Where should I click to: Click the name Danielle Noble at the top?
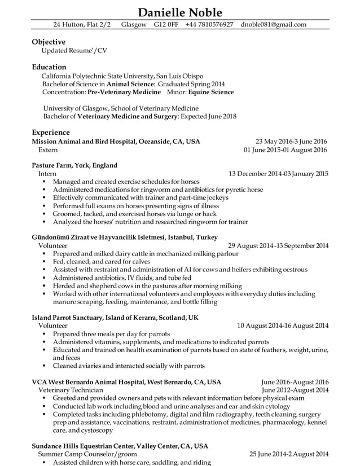pyautogui.click(x=180, y=12)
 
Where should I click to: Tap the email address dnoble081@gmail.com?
pyautogui.click(x=273, y=25)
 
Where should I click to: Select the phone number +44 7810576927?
pyautogui.click(x=209, y=25)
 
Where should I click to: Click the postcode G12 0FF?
pyautogui.click(x=166, y=25)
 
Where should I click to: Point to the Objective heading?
pyautogui.click(x=49, y=42)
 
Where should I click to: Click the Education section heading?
pyautogui.click(x=49, y=67)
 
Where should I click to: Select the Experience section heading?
pyautogui.click(x=51, y=132)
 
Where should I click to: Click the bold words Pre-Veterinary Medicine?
pyautogui.click(x=124, y=92)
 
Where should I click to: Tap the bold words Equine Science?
pyautogui.click(x=211, y=92)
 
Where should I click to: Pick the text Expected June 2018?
pyautogui.click(x=208, y=117)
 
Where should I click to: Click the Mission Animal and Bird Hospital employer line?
pyautogui.click(x=116, y=141)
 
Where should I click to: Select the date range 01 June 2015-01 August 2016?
pyautogui.click(x=285, y=150)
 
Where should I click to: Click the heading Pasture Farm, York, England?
pyautogui.click(x=74, y=165)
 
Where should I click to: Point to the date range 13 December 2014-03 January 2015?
pyautogui.click(x=278, y=174)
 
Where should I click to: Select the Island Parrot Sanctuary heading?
pyautogui.click(x=115, y=318)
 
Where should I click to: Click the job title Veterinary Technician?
pyautogui.click(x=71, y=390)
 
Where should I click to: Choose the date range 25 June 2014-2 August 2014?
pyautogui.click(x=289, y=454)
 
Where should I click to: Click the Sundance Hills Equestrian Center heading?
pyautogui.click(x=120, y=446)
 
